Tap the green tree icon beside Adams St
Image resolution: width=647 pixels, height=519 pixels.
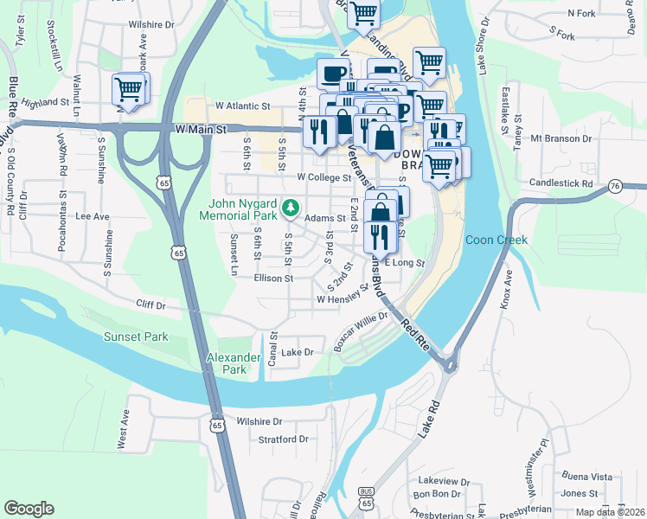point(292,208)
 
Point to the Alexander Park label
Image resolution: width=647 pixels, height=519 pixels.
point(234,363)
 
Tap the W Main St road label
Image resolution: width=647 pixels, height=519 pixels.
point(200,129)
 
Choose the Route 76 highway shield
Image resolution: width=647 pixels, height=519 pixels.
point(615,186)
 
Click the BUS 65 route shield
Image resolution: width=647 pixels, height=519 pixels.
point(367,497)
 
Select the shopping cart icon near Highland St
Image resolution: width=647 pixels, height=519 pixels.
point(128,89)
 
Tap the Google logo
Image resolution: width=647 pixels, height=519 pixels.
point(29,509)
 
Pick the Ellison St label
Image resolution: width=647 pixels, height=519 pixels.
point(274,279)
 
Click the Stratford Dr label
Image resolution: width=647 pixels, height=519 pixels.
point(284,439)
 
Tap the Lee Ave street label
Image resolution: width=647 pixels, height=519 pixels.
point(93,216)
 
